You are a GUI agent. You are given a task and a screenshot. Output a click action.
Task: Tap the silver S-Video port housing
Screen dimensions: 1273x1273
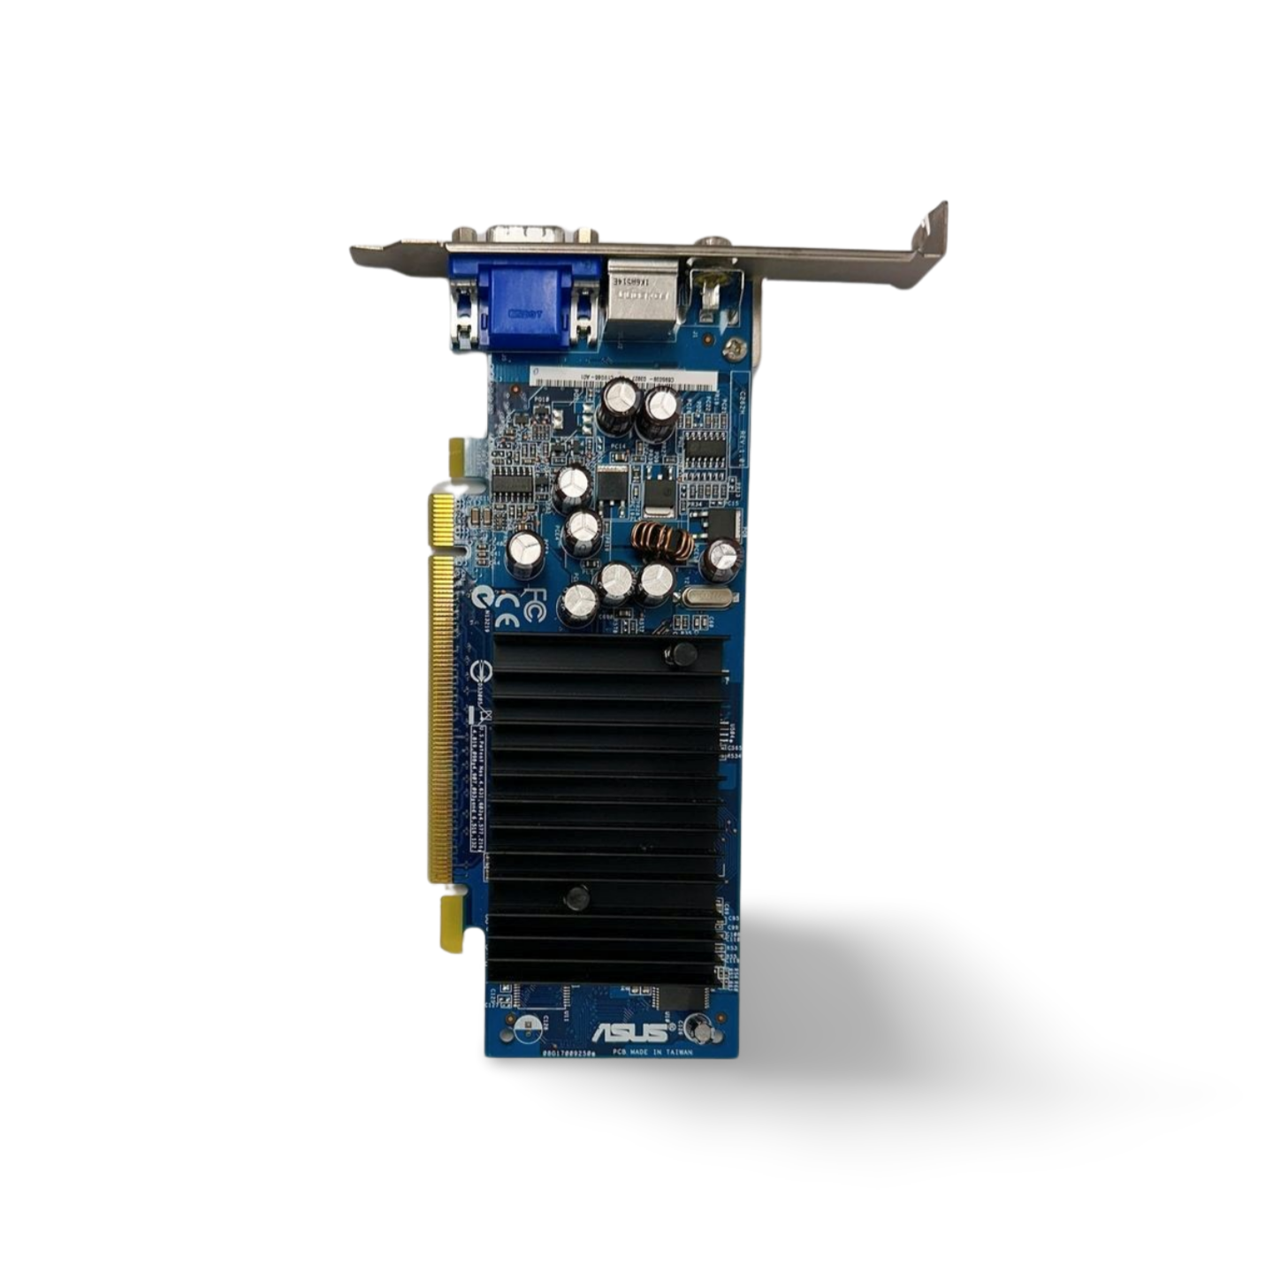click(x=641, y=296)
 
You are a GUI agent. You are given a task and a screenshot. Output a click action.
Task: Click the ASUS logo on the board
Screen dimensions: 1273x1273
click(x=630, y=1032)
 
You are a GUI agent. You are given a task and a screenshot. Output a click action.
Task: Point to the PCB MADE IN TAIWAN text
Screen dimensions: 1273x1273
click(x=653, y=1053)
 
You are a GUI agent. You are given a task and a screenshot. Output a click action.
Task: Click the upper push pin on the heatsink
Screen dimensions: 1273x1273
click(x=681, y=655)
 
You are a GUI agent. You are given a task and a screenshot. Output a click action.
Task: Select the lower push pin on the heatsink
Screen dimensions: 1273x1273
click(x=576, y=898)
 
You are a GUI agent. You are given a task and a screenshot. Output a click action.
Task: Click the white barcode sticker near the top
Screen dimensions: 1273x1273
click(x=622, y=378)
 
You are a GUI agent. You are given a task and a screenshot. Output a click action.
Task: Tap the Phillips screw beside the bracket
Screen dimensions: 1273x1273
click(x=734, y=350)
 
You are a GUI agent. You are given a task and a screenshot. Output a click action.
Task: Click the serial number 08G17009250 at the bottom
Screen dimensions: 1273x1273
click(x=569, y=1054)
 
